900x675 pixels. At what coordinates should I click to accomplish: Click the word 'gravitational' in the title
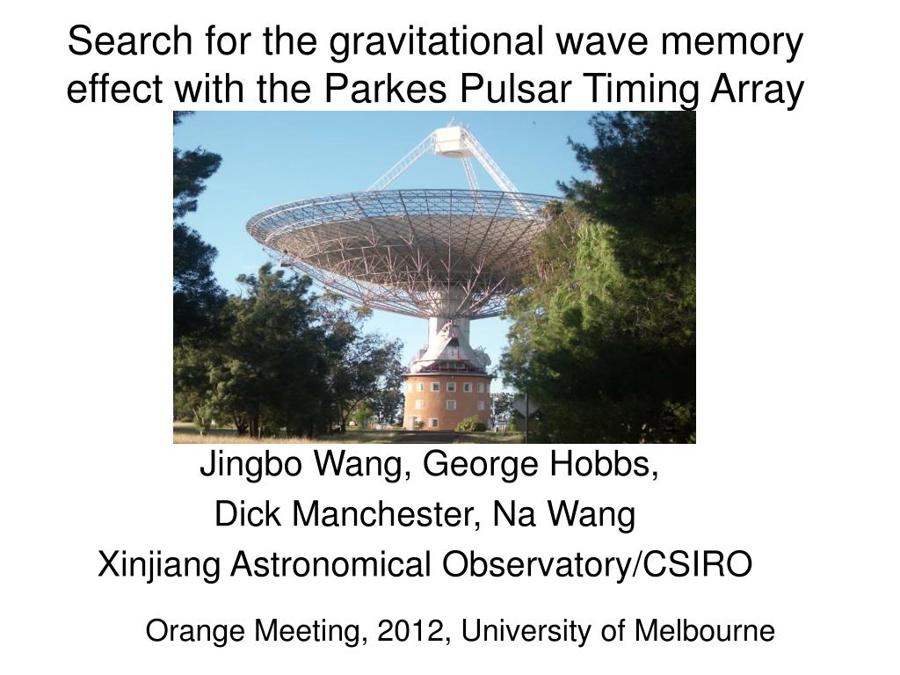(435, 42)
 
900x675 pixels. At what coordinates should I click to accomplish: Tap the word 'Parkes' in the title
(385, 89)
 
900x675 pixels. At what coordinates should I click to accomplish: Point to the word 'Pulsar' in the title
(513, 89)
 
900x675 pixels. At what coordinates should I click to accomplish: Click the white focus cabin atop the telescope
(452, 141)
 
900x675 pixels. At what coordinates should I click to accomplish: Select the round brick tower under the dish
(447, 401)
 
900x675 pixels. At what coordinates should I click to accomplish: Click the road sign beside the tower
(526, 408)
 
